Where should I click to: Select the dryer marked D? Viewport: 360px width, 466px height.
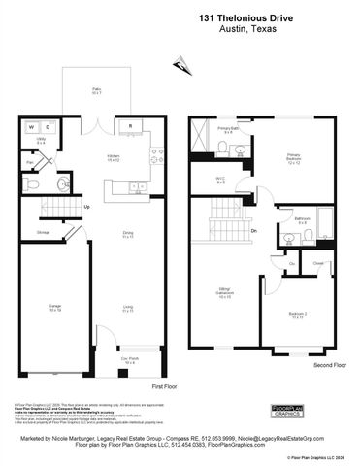click(47, 126)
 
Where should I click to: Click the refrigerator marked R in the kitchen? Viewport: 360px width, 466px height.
click(130, 126)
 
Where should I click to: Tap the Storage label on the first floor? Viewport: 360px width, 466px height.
click(44, 233)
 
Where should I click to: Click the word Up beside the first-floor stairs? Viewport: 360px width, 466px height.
click(87, 207)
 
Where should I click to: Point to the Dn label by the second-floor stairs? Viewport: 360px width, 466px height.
click(253, 231)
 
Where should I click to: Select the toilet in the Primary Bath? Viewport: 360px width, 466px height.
click(223, 148)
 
